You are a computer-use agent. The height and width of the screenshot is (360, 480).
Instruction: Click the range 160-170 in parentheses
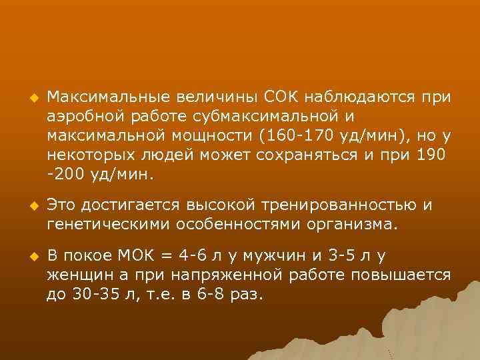[294, 137]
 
